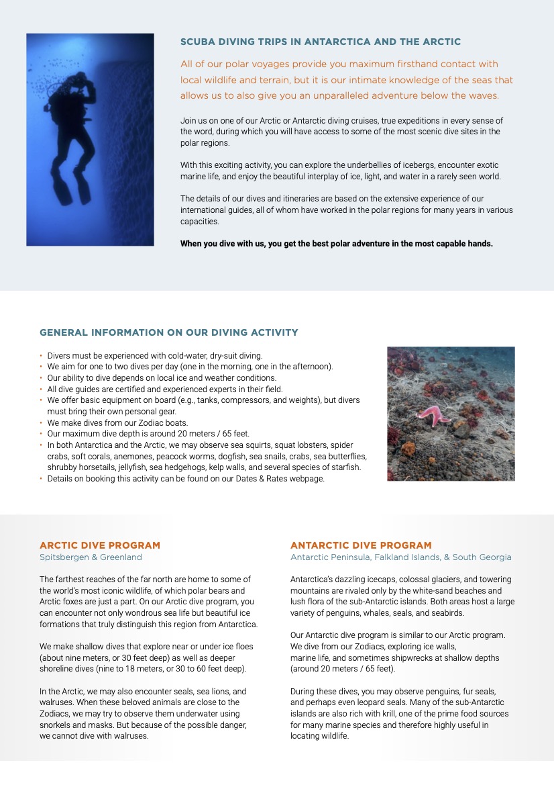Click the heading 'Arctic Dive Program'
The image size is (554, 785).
click(100, 545)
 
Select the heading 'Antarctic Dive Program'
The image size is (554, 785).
click(361, 545)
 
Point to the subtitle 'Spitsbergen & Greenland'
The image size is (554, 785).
click(91, 557)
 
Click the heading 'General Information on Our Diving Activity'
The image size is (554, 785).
click(169, 332)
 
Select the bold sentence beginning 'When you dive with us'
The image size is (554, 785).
click(336, 244)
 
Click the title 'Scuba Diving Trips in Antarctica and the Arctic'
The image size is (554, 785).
click(321, 42)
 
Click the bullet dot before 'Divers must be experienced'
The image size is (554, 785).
click(41, 355)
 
